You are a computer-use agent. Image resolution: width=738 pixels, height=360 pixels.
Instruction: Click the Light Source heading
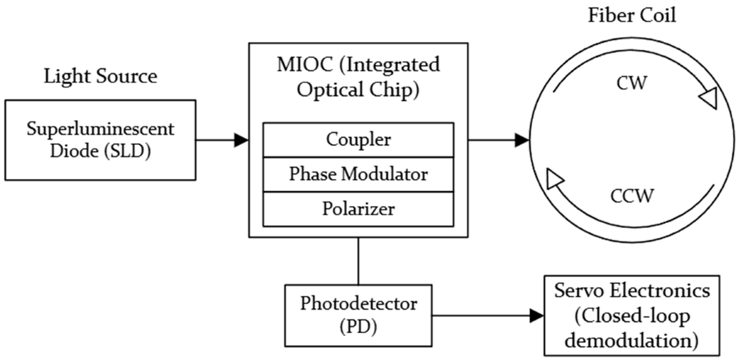100,77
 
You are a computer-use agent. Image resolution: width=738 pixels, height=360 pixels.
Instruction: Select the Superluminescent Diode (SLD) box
100,140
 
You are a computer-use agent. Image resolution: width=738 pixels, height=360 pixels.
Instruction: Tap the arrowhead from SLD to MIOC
241,140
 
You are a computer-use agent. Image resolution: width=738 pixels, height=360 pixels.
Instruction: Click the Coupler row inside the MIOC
358,140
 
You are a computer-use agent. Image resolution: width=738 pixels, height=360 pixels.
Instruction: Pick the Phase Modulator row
358,175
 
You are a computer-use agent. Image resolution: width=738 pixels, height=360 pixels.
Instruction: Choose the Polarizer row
358,209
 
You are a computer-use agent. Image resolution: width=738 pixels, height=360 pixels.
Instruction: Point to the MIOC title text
358,77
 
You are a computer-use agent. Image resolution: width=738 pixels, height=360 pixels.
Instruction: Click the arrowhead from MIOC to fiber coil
522,140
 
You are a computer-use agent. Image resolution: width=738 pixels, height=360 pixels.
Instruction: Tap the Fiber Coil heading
632,15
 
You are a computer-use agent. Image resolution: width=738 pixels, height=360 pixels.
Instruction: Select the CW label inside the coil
631,84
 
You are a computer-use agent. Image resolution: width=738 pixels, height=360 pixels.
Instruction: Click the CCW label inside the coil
632,195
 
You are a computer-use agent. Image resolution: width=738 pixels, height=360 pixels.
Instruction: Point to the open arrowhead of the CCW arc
556,180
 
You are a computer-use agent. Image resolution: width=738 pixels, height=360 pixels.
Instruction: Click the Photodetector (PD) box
358,315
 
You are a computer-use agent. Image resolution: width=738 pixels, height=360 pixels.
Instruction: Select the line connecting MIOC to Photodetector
358,261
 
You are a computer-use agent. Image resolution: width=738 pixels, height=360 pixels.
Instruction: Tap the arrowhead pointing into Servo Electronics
537,316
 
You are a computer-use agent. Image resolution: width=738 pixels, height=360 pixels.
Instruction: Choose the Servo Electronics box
632,316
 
